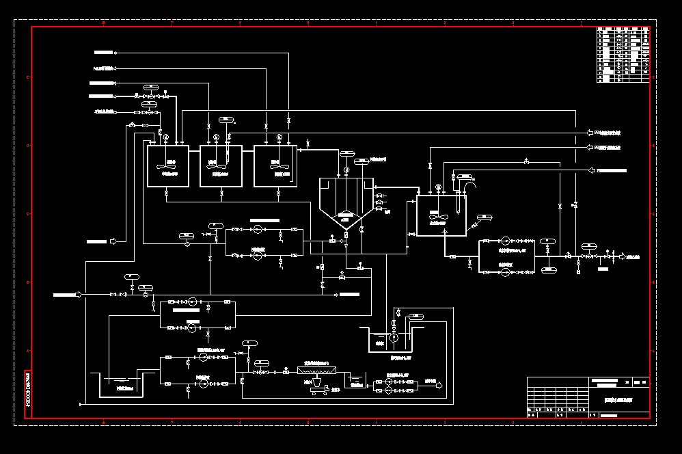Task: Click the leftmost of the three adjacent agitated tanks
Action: (x=168, y=165)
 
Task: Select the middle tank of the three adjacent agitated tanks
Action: (x=221, y=165)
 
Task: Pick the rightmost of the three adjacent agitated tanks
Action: (x=275, y=165)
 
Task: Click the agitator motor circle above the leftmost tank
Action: (x=165, y=138)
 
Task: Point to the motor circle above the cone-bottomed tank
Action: (x=346, y=170)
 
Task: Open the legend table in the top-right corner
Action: (x=623, y=55)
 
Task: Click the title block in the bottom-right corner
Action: (x=588, y=397)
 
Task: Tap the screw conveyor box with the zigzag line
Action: (x=316, y=371)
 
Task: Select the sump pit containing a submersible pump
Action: (x=393, y=339)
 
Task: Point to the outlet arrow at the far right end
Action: (x=622, y=256)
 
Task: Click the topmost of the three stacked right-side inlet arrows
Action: (x=592, y=131)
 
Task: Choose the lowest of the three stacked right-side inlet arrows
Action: (x=592, y=170)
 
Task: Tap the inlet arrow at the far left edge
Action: (x=78, y=295)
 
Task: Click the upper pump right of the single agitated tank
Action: (x=505, y=241)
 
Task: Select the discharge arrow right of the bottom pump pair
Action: (x=439, y=386)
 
